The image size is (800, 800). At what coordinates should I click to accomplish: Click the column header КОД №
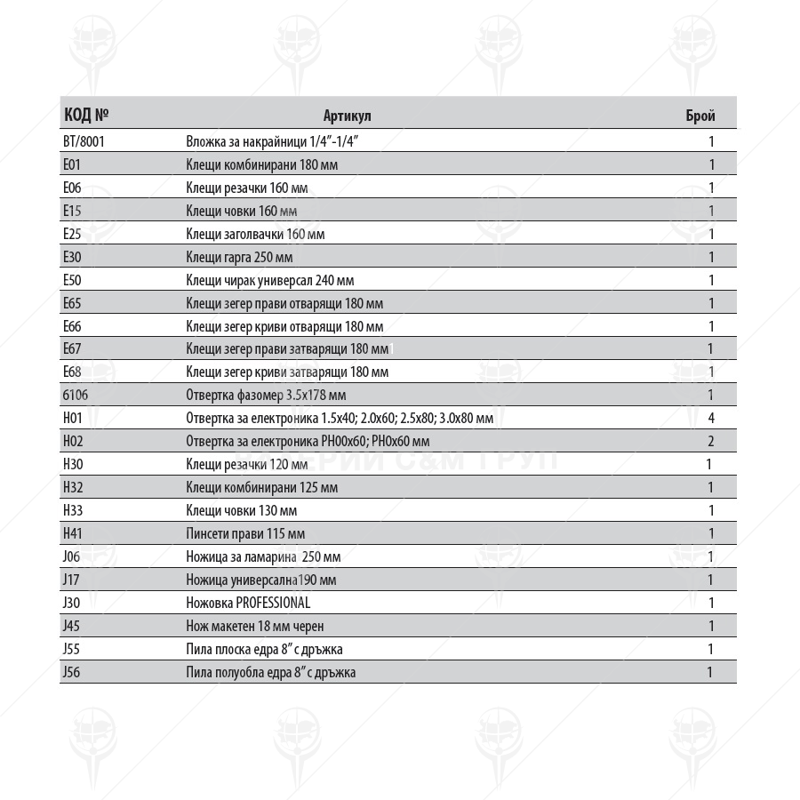click(86, 116)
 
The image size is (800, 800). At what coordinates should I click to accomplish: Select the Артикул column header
click(347, 116)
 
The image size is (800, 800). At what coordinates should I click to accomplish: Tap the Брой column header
click(700, 116)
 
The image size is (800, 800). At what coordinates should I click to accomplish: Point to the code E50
click(73, 280)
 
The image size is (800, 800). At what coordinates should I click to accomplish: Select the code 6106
click(76, 396)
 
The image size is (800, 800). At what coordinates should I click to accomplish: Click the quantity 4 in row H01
click(711, 419)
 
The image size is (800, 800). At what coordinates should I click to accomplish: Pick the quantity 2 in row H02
click(711, 442)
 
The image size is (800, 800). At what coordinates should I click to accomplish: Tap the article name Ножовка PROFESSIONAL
click(248, 603)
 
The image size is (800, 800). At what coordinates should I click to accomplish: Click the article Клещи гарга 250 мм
click(239, 257)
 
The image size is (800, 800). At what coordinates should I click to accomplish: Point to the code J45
click(72, 626)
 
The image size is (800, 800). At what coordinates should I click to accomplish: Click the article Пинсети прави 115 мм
click(245, 533)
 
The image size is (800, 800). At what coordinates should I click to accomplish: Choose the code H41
click(73, 533)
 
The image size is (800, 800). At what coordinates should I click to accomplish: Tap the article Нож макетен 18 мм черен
click(255, 626)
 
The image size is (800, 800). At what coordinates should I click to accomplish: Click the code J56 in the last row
click(72, 672)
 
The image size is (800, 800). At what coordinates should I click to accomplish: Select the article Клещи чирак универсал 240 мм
click(264, 280)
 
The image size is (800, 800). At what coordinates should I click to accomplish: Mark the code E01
click(72, 164)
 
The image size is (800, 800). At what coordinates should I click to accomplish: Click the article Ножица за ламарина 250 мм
click(263, 557)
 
